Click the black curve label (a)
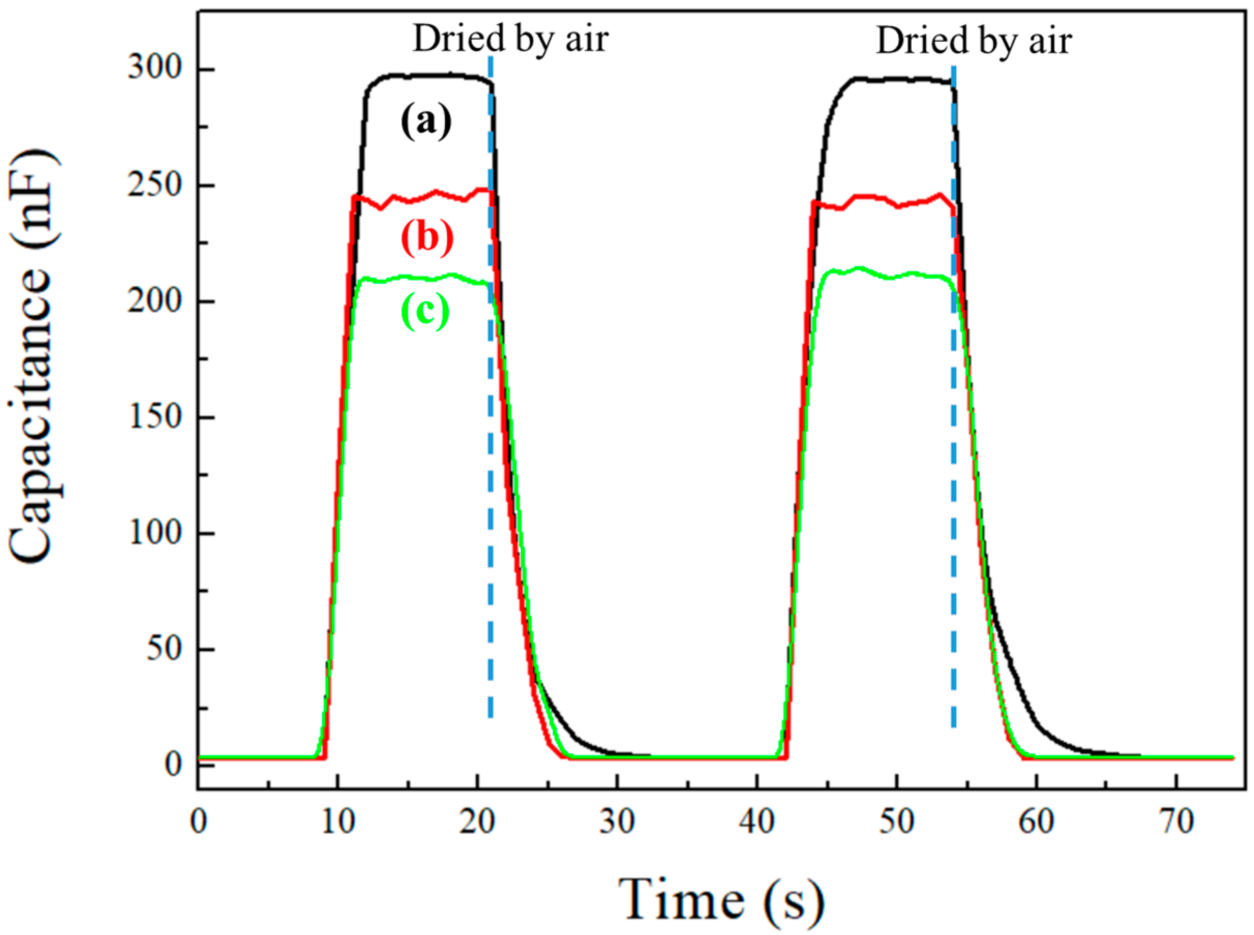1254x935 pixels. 426,121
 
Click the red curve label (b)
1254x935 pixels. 428,238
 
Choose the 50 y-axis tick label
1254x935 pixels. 163,650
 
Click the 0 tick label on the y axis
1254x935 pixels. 173,765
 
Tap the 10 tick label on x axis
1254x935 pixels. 338,821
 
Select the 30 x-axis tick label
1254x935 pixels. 617,821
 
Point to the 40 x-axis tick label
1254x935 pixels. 757,821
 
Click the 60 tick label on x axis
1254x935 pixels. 1036,821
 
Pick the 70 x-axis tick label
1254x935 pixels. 1176,821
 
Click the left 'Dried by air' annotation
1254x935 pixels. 511,40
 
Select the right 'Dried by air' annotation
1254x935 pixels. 974,41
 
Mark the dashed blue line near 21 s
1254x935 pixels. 490,396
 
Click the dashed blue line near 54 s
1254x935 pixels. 954,396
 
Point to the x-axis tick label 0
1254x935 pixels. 199,821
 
